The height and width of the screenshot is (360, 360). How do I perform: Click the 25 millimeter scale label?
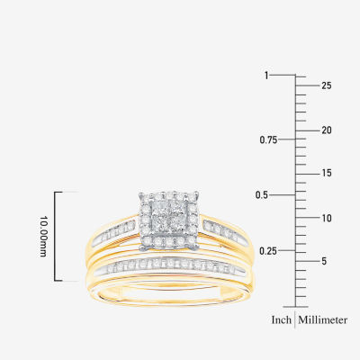(x=327, y=85)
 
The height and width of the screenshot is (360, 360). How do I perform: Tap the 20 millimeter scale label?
(x=327, y=130)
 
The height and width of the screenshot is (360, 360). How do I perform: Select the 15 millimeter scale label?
(x=327, y=173)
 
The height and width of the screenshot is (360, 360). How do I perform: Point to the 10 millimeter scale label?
(x=327, y=218)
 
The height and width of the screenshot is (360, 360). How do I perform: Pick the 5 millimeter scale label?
(x=324, y=261)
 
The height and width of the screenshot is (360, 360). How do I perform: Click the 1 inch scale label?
(x=266, y=76)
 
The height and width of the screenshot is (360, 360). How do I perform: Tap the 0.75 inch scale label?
(x=268, y=139)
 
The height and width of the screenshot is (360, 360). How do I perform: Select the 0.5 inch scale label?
(x=262, y=195)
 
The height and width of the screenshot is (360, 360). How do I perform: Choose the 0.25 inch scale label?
(x=268, y=251)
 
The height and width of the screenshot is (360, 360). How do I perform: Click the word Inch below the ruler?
(x=282, y=319)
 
